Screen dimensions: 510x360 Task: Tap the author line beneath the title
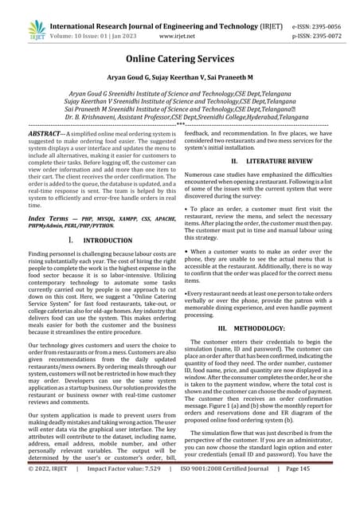coord(180,82)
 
